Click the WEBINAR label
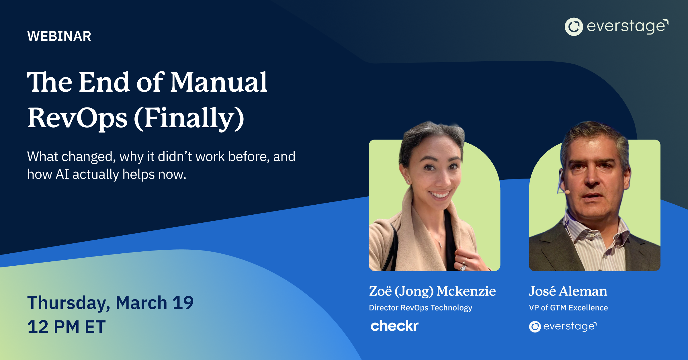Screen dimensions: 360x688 click(59, 36)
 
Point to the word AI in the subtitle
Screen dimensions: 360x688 click(62, 174)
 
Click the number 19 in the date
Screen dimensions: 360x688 click(183, 303)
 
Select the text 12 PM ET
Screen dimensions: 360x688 click(67, 327)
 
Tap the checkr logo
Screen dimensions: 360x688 click(394, 326)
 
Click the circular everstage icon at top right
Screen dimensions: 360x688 click(574, 27)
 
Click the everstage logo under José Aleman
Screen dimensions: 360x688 click(563, 326)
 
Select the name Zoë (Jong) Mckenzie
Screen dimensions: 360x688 click(432, 291)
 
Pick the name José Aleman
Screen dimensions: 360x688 click(568, 291)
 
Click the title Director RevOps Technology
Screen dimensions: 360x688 click(420, 308)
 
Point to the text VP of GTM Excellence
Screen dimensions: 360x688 click(568, 308)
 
